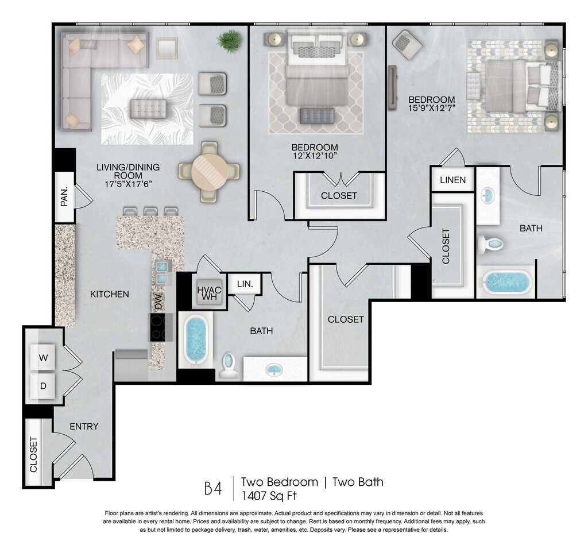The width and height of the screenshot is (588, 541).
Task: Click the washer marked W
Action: point(43,357)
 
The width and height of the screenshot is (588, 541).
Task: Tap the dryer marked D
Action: point(43,386)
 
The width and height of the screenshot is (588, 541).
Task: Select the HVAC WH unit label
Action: point(209,293)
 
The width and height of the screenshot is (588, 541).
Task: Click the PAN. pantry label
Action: point(64,196)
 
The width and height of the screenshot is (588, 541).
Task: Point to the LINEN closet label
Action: point(452,180)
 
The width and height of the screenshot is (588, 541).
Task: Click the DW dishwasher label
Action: point(158,302)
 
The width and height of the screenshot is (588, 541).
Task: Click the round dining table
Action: point(209,172)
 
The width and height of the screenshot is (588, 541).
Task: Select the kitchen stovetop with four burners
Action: point(161,327)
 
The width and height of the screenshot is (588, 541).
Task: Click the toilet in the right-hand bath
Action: point(490,244)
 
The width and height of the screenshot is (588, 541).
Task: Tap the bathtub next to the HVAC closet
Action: point(195,341)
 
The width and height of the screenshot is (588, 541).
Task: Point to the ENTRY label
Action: point(84,426)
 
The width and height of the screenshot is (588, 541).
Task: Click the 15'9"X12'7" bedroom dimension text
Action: point(432,108)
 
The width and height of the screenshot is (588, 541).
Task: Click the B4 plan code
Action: point(213,489)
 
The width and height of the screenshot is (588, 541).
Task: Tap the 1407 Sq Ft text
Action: point(269,496)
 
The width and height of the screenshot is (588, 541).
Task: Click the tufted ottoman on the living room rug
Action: point(149,109)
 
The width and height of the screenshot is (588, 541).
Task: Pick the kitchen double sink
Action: point(162,272)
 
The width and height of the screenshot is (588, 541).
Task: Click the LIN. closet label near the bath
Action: point(245,284)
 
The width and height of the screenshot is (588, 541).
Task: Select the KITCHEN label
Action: point(110,294)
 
